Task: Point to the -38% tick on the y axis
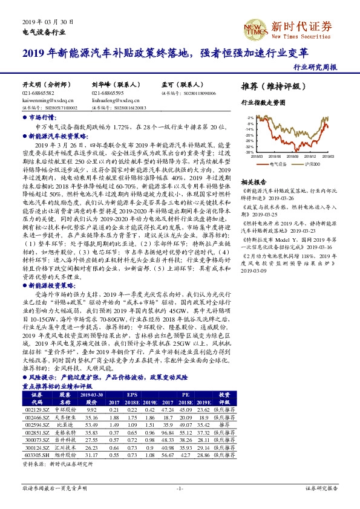tap(250, 152)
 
